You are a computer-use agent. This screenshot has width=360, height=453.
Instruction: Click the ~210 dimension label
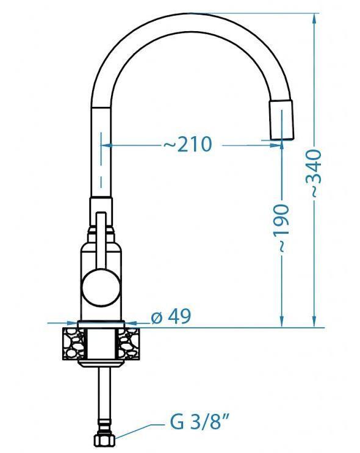(188, 144)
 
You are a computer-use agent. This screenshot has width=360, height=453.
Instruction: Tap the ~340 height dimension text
(313, 173)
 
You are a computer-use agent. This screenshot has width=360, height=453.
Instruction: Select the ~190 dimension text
(281, 228)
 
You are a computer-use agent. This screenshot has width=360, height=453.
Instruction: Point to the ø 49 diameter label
(171, 316)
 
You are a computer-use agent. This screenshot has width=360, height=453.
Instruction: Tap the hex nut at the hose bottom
(104, 440)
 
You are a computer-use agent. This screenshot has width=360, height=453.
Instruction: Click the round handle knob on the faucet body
(101, 287)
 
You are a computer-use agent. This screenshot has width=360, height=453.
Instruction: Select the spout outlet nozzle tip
(282, 120)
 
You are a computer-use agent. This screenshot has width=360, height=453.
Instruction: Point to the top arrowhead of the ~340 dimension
(314, 18)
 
